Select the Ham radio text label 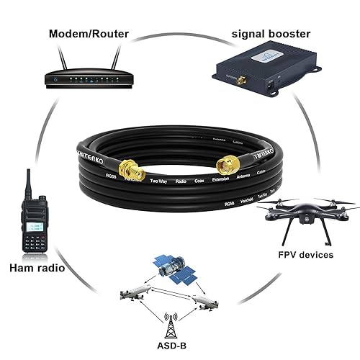coord(36,269)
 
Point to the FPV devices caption coord(305,255)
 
